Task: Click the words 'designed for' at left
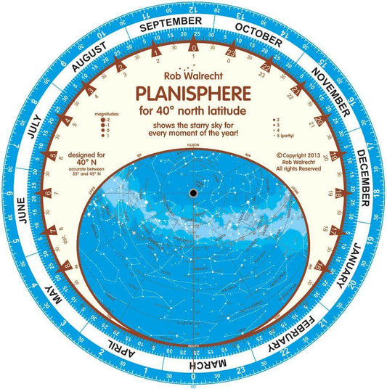point(84,154)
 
